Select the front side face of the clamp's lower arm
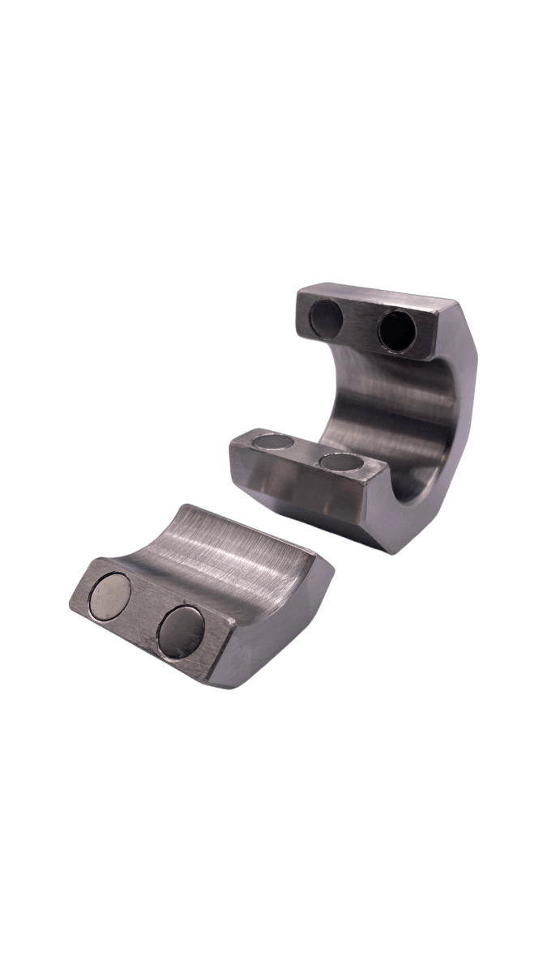308,494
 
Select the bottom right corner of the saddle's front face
227,679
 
